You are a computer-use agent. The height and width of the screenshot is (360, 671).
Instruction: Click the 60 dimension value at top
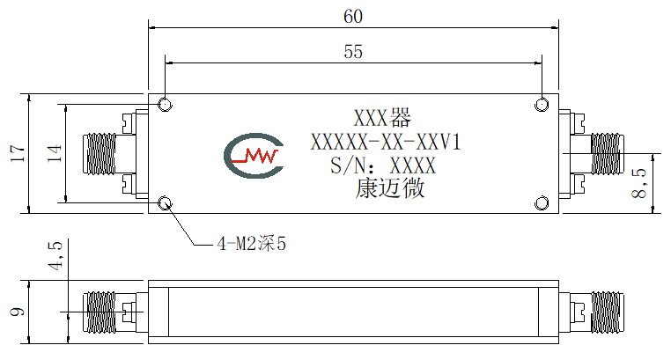pyautogui.click(x=353, y=16)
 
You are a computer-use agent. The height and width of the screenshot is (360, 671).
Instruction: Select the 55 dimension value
pyautogui.click(x=353, y=51)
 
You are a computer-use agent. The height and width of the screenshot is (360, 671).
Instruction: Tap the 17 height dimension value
pyautogui.click(x=18, y=153)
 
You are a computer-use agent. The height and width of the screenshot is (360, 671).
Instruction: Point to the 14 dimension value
pyautogui.click(x=55, y=153)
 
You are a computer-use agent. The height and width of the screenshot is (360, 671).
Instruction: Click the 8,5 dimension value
pyautogui.click(x=639, y=182)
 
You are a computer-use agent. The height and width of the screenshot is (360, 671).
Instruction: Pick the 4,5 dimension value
pyautogui.click(x=55, y=255)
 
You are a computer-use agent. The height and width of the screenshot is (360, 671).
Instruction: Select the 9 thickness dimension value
pyautogui.click(x=18, y=312)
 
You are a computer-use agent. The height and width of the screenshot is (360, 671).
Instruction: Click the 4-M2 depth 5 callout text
pyautogui.click(x=251, y=244)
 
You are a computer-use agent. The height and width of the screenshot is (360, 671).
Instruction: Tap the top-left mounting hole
pyautogui.click(x=165, y=105)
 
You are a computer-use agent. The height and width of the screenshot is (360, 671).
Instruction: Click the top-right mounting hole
pyautogui.click(x=542, y=105)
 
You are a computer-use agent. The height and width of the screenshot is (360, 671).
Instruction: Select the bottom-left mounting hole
pyautogui.click(x=165, y=203)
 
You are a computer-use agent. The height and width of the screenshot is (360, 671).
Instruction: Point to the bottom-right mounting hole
pyautogui.click(x=542, y=203)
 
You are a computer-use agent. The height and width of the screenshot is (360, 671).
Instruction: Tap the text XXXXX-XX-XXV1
pyautogui.click(x=386, y=142)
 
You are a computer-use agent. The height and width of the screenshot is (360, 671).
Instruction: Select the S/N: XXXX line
pyautogui.click(x=383, y=165)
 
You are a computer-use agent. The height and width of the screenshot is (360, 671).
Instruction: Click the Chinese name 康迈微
pyautogui.click(x=390, y=188)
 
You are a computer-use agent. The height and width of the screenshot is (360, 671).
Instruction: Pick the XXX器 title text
pyautogui.click(x=382, y=118)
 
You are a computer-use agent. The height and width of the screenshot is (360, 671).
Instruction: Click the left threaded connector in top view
pyautogui.click(x=100, y=154)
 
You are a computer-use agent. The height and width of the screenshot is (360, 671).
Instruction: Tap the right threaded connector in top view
pyautogui.click(x=607, y=154)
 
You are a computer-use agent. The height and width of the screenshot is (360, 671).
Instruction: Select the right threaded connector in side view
pyautogui.click(x=607, y=312)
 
